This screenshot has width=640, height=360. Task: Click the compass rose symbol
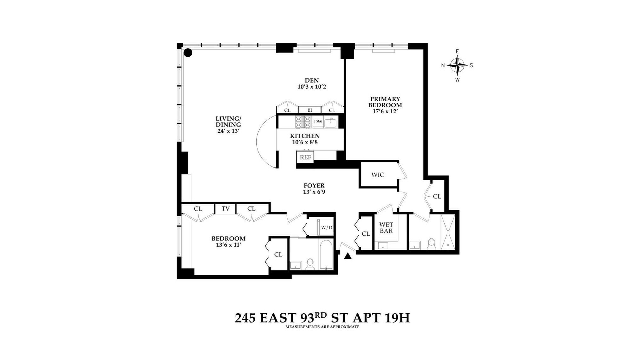click(457, 65)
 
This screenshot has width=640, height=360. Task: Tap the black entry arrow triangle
click(348, 256)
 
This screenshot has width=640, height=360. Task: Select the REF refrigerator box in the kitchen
click(305, 157)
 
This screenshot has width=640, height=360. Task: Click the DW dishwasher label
click(318, 122)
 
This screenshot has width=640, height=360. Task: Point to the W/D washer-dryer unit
click(326, 227)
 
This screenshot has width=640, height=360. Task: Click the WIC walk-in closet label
click(378, 175)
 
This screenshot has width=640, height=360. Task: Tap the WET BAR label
click(386, 228)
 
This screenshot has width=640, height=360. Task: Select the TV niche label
click(225, 209)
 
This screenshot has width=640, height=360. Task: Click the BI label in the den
click(310, 110)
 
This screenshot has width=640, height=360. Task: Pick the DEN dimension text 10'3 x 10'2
click(312, 87)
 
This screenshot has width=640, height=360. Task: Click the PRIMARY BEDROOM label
click(385, 102)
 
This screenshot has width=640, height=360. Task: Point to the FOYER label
click(314, 186)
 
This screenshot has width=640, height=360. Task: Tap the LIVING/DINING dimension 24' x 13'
click(228, 131)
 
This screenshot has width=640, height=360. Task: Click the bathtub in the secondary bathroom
click(326, 255)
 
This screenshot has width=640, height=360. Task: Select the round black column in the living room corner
click(188, 53)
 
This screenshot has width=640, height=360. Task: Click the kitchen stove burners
click(303, 122)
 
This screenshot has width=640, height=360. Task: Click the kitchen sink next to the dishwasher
click(331, 122)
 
